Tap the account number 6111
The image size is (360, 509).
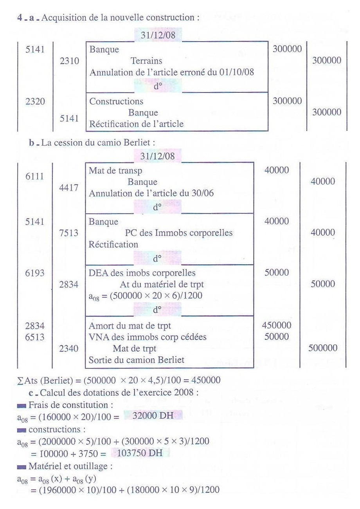point(35,176)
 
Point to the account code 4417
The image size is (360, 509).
point(68,188)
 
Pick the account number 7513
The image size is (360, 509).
point(68,233)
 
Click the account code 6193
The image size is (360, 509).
point(35,273)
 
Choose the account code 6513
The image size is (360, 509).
point(35,336)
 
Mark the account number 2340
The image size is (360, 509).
point(68,348)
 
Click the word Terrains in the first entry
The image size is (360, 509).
point(146,61)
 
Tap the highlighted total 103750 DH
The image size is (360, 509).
point(142,453)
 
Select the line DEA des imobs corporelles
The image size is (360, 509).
point(142,273)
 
